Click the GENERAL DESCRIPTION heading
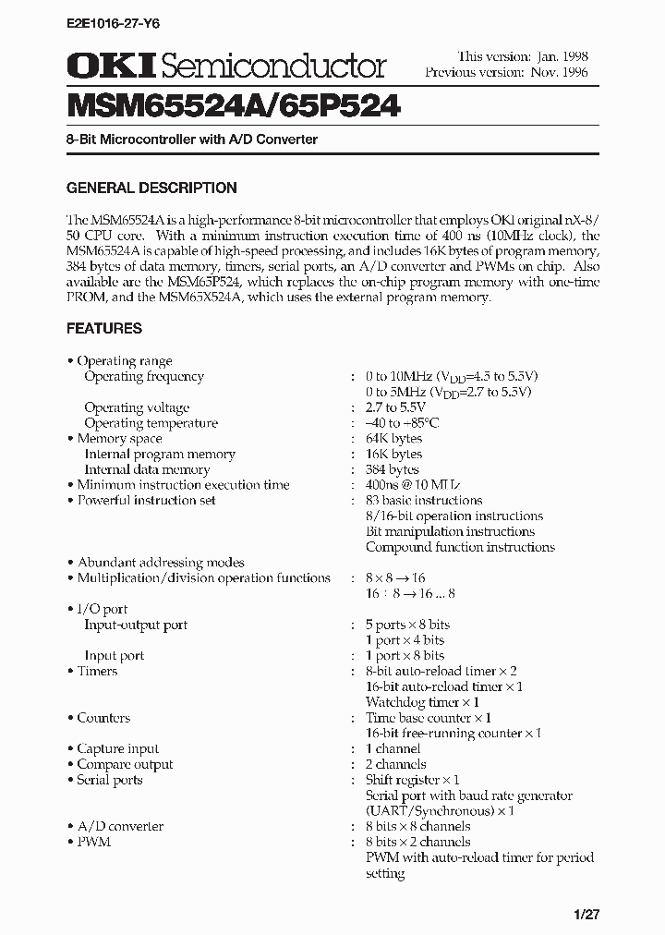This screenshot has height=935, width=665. [x=151, y=188]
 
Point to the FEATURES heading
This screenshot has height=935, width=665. [x=104, y=328]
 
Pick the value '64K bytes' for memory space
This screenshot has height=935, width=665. [x=394, y=439]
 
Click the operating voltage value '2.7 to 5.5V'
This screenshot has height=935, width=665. [x=396, y=407]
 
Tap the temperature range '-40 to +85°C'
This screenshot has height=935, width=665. [x=403, y=423]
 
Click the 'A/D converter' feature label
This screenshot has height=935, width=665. [x=120, y=827]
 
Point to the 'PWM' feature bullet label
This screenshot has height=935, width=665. [x=93, y=843]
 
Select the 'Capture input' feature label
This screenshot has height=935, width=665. [x=117, y=749]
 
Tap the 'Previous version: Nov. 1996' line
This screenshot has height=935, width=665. [x=506, y=72]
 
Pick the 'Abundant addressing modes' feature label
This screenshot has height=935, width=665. [x=161, y=563]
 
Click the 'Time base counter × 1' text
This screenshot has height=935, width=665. [x=429, y=718]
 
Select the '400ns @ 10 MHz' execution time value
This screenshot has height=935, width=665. [x=413, y=485]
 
